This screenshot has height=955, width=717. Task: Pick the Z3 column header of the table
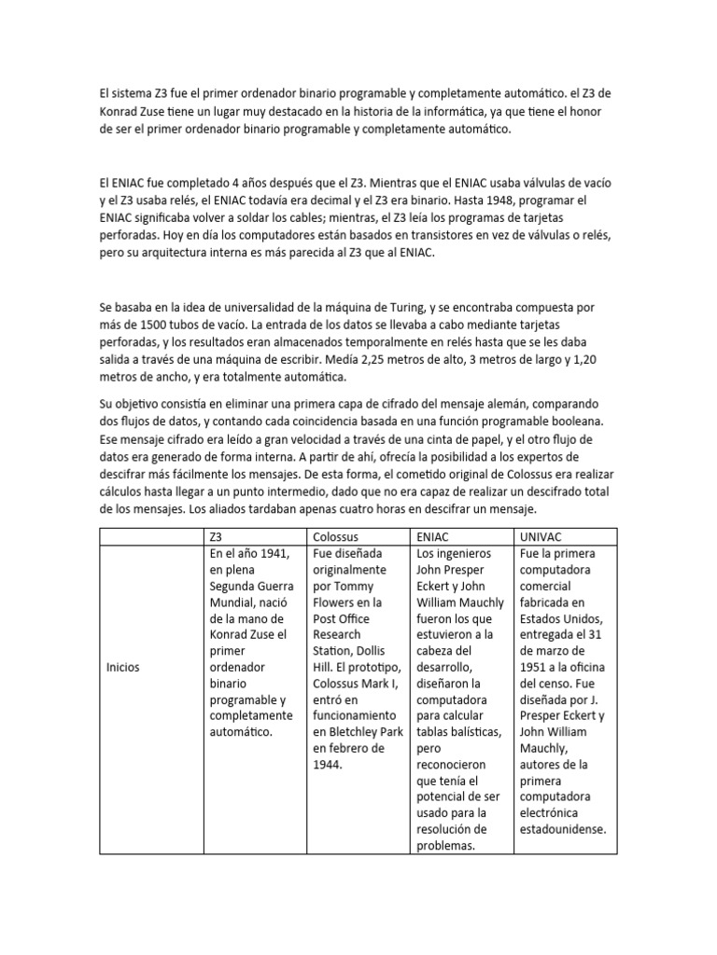[x=217, y=536]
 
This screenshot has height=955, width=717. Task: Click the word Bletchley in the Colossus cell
[x=352, y=730]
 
